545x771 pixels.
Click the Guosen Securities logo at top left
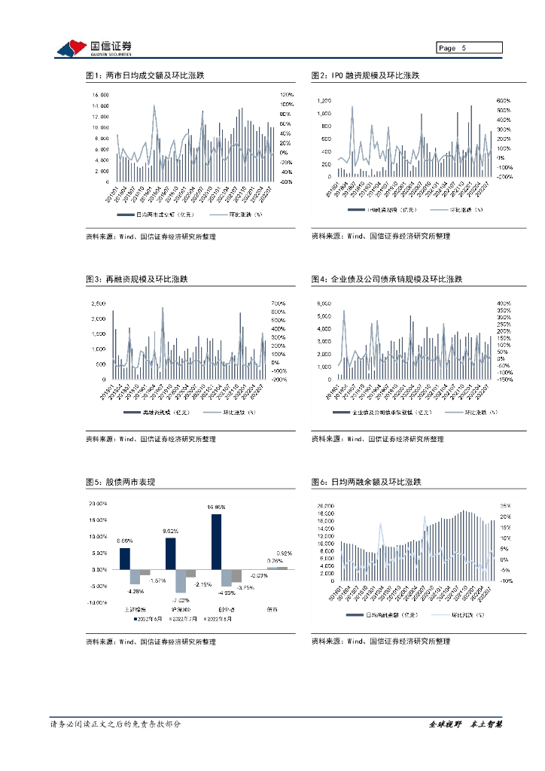(x=95, y=48)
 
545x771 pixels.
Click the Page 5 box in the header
(x=470, y=48)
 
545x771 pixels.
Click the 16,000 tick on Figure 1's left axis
(x=100, y=95)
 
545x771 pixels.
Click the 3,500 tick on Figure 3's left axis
(x=98, y=303)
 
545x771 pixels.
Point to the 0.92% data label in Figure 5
(x=285, y=553)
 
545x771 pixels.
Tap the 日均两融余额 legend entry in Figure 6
(x=384, y=615)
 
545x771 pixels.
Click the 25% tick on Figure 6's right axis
(x=505, y=506)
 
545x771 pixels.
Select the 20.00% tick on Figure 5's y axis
(x=99, y=504)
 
